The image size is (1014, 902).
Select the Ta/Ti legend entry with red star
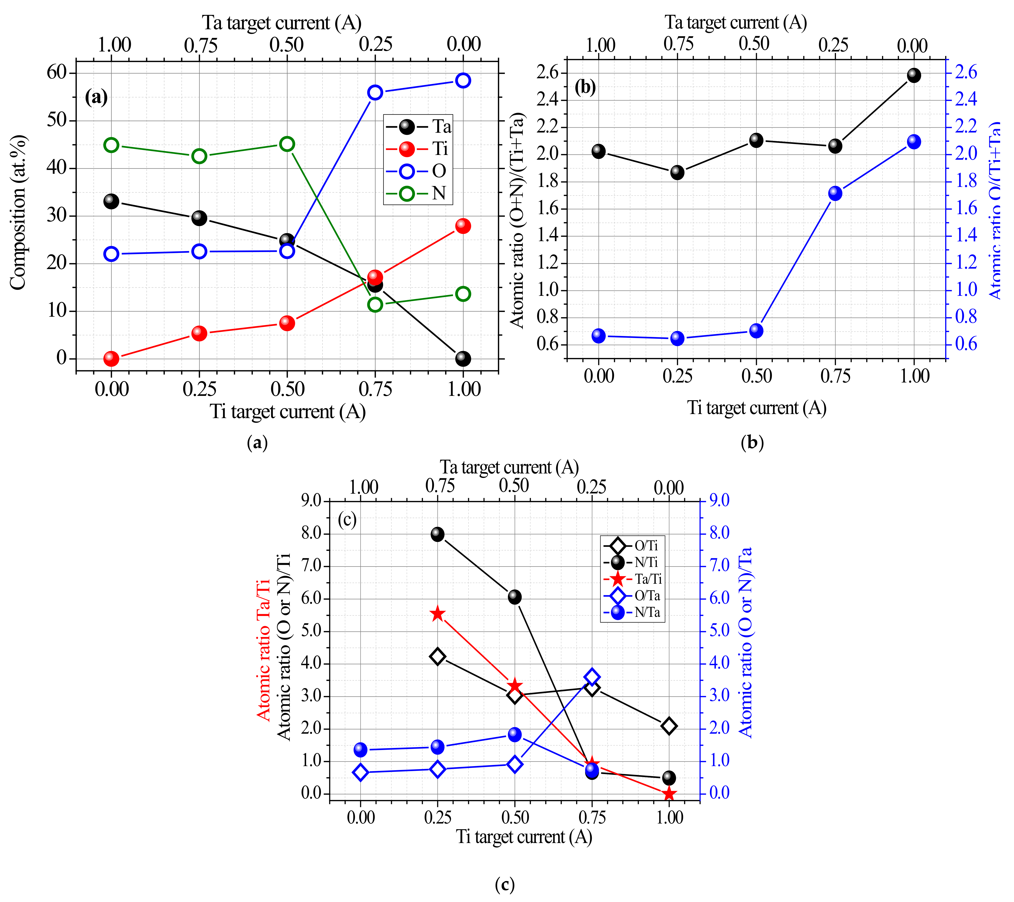pos(632,579)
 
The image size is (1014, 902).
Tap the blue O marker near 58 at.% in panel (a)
pos(463,80)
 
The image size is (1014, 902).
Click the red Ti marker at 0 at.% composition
pos(111,358)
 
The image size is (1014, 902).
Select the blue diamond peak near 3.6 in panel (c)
pos(591,677)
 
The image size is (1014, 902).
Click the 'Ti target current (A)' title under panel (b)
pos(756,408)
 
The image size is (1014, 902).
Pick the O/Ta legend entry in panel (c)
pos(632,596)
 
